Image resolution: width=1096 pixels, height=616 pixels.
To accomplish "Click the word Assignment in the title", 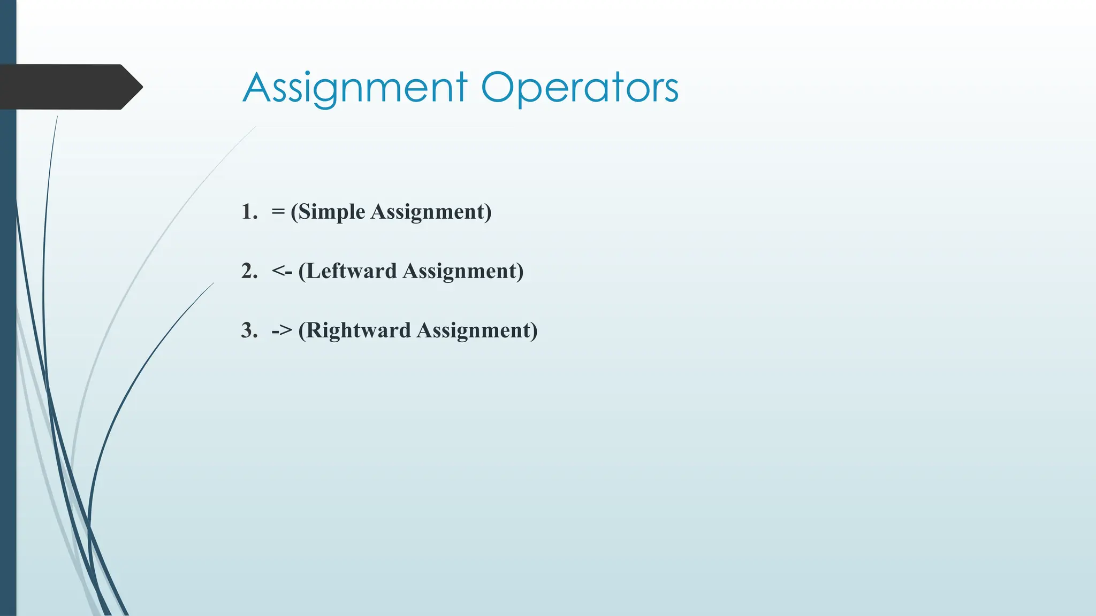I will [355, 88].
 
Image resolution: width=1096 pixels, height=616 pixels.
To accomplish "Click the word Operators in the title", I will [580, 88].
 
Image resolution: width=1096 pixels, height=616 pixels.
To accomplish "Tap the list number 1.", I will [248, 212].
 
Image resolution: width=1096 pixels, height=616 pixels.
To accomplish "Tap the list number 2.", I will [248, 271].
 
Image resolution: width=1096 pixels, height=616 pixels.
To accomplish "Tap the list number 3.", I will [248, 330].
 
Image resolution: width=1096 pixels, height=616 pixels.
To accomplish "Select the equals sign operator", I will [278, 212].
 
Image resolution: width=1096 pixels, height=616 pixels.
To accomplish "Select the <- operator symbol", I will [282, 272].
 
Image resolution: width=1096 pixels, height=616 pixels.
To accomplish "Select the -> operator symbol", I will [282, 331].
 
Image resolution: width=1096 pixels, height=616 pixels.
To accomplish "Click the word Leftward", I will [352, 272].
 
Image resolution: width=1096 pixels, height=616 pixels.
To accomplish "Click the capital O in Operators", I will [499, 88].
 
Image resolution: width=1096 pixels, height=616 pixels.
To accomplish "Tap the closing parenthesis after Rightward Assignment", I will [534, 331].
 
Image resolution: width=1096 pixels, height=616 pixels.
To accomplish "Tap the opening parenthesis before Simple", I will [294, 212].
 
